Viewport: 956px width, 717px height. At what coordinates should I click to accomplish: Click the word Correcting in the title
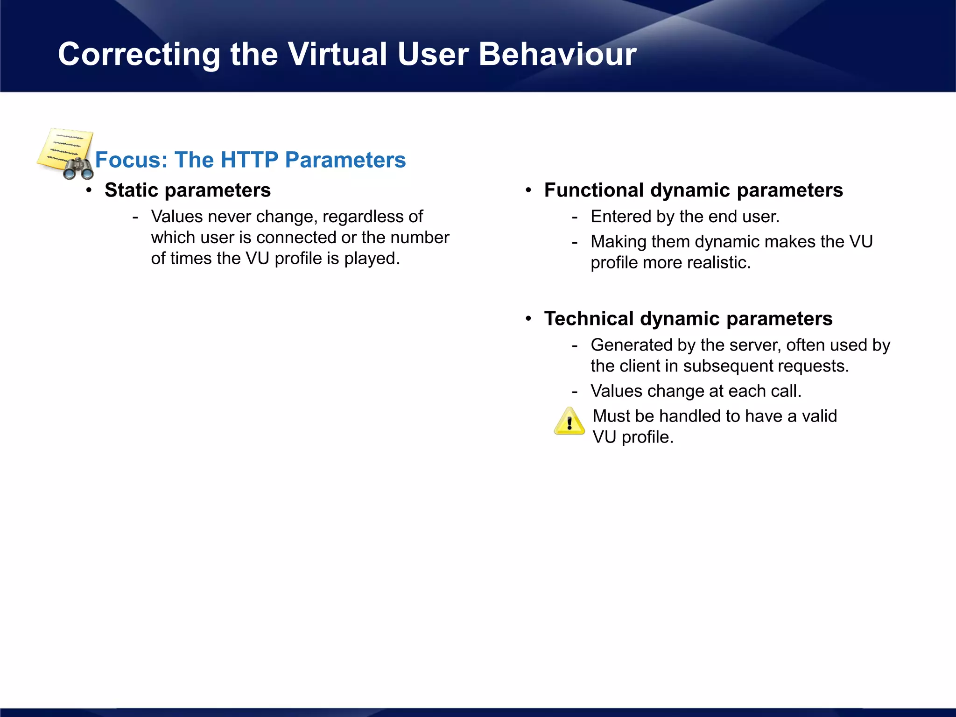(x=139, y=55)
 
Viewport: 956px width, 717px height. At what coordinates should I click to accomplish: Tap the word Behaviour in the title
(x=557, y=55)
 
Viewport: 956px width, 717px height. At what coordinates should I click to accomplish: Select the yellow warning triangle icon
(x=569, y=422)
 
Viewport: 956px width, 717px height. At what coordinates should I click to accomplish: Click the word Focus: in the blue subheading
(x=131, y=160)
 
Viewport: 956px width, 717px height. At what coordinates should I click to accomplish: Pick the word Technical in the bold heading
(x=589, y=319)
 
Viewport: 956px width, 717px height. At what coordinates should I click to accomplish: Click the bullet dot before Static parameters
(x=89, y=190)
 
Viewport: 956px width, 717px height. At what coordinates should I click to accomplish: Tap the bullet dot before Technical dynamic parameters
(x=528, y=318)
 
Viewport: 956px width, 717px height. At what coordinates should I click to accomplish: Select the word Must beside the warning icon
(x=611, y=416)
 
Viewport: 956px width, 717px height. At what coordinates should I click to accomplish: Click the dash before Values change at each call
(x=575, y=392)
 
